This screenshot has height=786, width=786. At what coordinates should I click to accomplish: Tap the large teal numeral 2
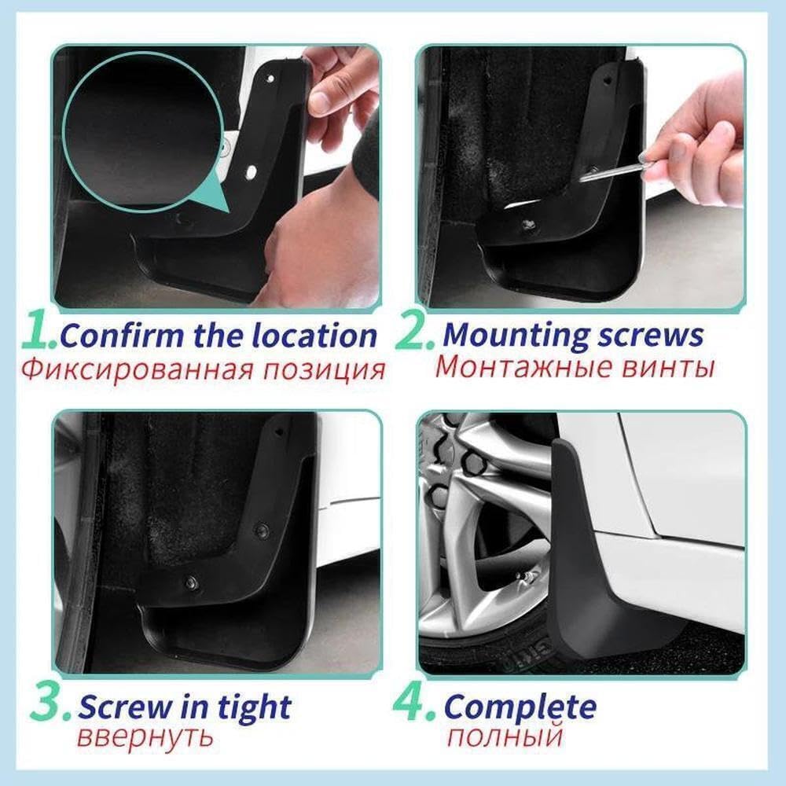pos(412,332)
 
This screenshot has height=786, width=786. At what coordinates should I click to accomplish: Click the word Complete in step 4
pos(520,707)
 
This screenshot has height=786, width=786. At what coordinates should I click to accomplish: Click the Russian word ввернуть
pos(145,738)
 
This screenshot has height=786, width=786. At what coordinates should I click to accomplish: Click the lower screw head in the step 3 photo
pos(191,582)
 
